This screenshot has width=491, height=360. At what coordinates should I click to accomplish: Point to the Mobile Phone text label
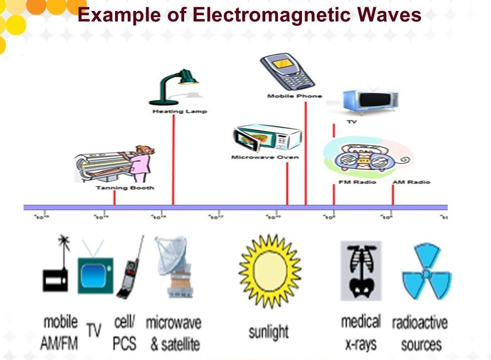pyautogui.click(x=294, y=96)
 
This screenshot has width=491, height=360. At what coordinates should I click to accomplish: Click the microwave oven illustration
pyautogui.click(x=266, y=139)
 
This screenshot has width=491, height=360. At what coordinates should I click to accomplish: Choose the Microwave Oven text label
pyautogui.click(x=265, y=157)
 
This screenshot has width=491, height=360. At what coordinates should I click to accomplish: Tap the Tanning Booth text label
pyautogui.click(x=125, y=187)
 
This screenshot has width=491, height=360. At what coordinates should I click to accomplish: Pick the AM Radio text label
pyautogui.click(x=411, y=182)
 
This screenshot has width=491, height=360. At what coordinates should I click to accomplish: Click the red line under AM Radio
pyautogui.click(x=393, y=195)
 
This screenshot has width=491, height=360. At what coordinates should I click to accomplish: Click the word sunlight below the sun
pyautogui.click(x=269, y=331)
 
